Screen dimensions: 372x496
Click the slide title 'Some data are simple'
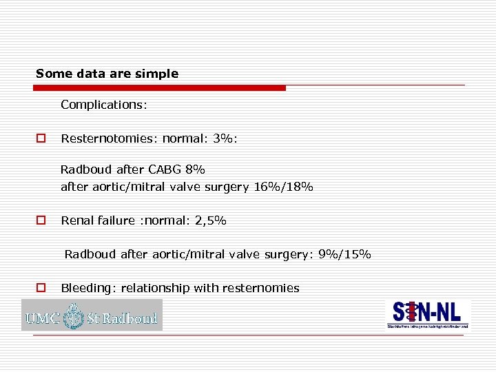[107, 74]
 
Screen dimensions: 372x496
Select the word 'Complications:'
[103, 105]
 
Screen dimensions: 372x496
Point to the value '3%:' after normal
[226, 138]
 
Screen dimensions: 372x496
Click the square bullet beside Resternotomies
[41, 138]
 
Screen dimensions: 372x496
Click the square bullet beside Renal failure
[41, 221]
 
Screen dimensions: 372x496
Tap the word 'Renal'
[76, 221]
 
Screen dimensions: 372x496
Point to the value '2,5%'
[210, 221]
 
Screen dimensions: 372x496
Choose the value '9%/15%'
[344, 255]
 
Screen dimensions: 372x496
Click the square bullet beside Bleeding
[41, 288]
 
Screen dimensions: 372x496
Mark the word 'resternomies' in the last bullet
[266, 288]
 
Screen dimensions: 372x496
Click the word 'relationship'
[156, 288]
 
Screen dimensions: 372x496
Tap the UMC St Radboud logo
[92, 316]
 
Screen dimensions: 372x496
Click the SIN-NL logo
[428, 315]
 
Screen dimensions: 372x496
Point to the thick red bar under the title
[160, 88]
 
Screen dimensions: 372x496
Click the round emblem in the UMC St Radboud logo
[74, 318]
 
